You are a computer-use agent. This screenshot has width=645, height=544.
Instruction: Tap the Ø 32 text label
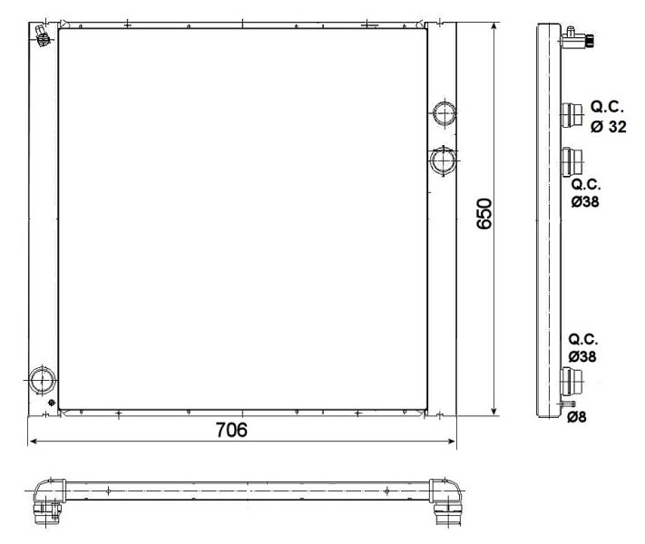[x=608, y=128]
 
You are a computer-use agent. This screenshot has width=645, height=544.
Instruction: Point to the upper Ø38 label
[x=583, y=200]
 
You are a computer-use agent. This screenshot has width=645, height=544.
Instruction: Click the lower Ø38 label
[x=582, y=356]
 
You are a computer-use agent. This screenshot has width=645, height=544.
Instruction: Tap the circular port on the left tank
[x=42, y=379]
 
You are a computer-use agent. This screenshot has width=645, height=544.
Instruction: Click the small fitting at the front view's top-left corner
[x=42, y=34]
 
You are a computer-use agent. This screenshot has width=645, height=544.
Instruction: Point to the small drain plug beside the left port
[x=54, y=403]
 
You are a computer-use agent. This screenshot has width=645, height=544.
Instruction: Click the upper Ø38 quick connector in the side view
[x=571, y=161]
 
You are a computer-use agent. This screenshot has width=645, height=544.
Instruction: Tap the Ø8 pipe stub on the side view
[x=568, y=403]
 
